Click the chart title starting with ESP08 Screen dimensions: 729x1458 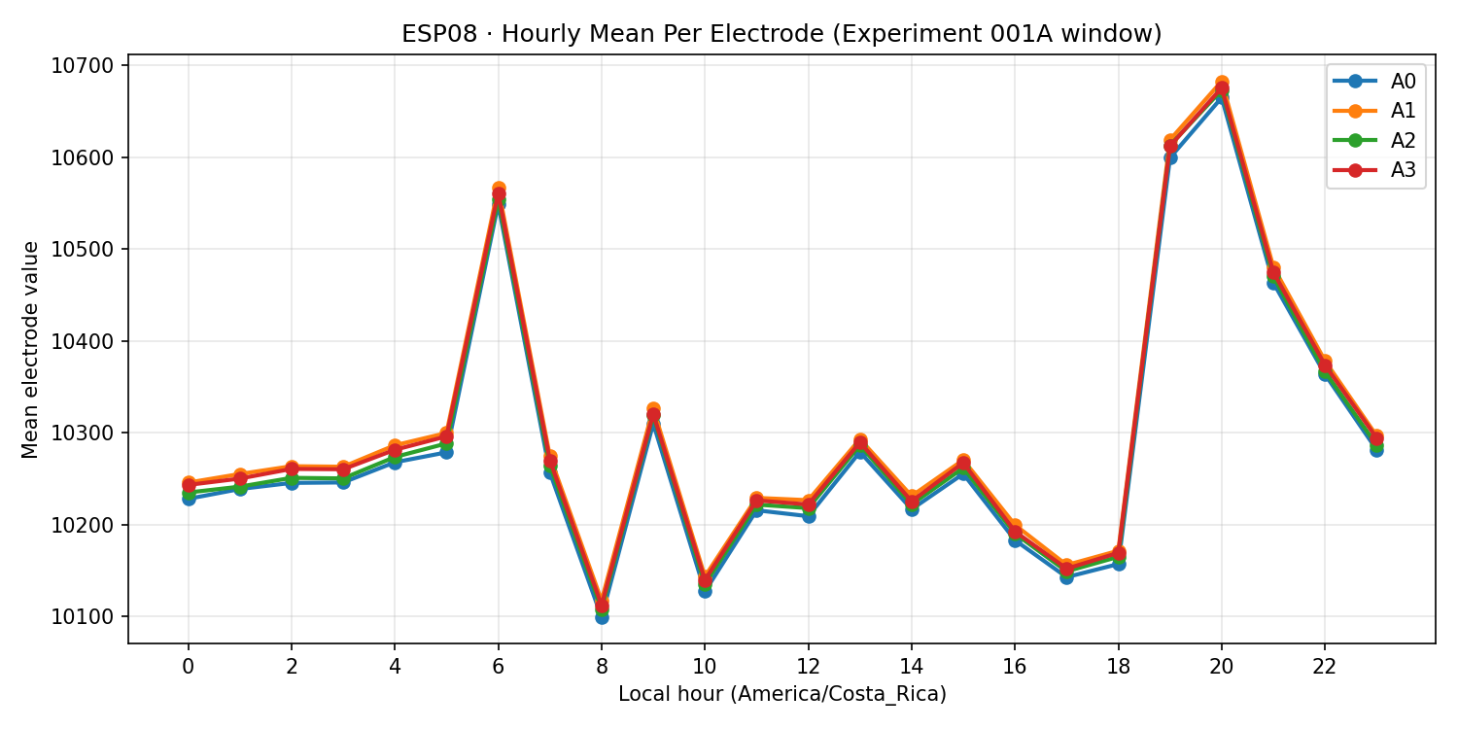(x=781, y=34)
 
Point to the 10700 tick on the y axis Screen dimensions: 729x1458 (x=87, y=65)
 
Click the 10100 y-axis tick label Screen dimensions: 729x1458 (x=87, y=616)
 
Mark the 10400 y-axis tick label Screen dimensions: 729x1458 (x=87, y=341)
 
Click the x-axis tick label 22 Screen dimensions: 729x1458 (x=1325, y=667)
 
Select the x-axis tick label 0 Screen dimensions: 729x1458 (x=189, y=667)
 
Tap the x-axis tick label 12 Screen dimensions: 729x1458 (x=808, y=667)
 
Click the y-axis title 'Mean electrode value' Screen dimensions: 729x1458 (x=31, y=349)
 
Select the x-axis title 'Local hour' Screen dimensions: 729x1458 (x=781, y=694)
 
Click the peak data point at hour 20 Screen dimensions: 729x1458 (x=1222, y=88)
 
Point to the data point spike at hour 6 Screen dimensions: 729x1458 (x=499, y=194)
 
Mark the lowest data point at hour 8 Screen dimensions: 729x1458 (x=602, y=616)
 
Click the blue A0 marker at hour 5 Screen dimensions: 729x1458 (x=446, y=452)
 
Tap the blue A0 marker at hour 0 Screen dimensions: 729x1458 (x=189, y=499)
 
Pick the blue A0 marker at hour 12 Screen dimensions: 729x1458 (x=808, y=516)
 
